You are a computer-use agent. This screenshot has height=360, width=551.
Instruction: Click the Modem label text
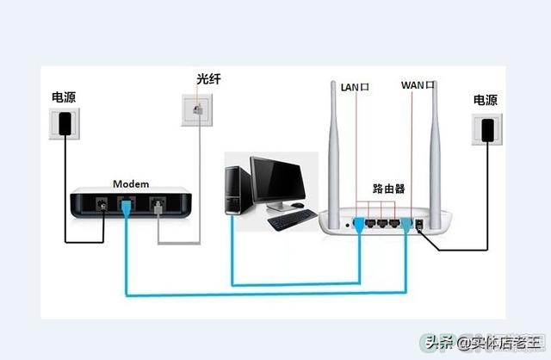tap(131, 183)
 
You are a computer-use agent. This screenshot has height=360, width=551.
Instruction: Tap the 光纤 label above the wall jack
tap(208, 79)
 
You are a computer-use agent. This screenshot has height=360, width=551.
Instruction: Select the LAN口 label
tap(355, 87)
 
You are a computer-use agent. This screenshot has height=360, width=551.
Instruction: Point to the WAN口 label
tap(418, 85)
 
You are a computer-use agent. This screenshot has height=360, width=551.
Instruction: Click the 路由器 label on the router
tap(388, 189)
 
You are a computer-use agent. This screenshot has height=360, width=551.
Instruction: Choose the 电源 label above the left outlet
tap(64, 97)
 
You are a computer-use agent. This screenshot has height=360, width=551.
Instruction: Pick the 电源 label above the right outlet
tap(486, 100)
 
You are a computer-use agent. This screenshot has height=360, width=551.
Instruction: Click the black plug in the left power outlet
tap(65, 124)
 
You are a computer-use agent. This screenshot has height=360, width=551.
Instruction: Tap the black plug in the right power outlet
tap(487, 130)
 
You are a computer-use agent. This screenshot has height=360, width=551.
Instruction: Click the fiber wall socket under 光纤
tap(197, 110)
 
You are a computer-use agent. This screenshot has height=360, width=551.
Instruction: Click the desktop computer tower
tap(238, 190)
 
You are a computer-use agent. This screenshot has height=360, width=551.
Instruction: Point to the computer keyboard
tap(293, 220)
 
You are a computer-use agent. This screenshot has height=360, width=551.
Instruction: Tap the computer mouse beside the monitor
tap(297, 205)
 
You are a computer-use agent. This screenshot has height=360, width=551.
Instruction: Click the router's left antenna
tap(334, 155)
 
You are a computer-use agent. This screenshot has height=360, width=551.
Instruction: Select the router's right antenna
tap(435, 155)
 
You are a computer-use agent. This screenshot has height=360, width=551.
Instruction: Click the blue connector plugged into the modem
tap(126, 208)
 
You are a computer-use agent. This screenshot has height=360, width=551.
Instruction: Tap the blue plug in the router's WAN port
tap(406, 225)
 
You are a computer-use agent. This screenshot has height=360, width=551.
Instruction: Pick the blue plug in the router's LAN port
tap(358, 225)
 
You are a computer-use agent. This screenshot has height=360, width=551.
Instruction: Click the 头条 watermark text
tap(438, 343)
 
